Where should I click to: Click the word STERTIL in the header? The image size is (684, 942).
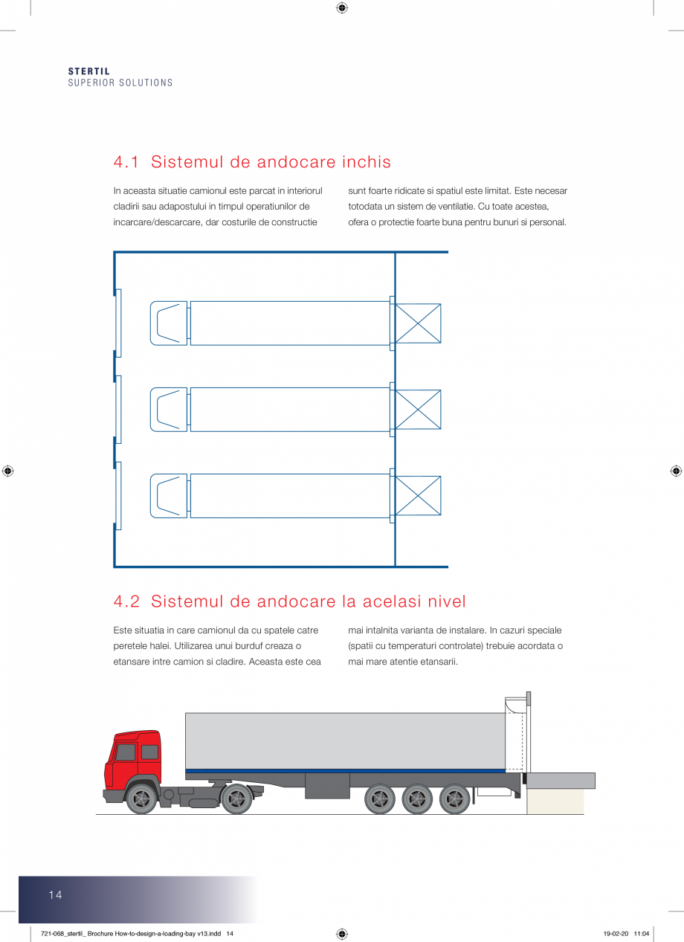coord(88,71)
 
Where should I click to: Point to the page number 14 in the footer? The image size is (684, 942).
coord(56,895)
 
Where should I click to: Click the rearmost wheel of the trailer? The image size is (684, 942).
coord(454,799)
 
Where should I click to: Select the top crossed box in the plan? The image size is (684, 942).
coord(418,323)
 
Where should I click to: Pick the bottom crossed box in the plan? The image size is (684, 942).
coord(418,496)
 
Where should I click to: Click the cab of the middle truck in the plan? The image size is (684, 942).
coord(169,410)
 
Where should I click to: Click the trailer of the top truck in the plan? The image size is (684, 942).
coord(290,323)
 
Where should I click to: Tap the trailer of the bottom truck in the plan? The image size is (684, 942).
coord(290,496)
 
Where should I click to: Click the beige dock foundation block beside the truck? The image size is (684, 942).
coord(555,801)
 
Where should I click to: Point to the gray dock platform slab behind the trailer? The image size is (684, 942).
coord(561,781)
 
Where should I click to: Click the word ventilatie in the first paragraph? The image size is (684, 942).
coord(525,207)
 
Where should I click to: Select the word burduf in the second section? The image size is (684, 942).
coord(251,646)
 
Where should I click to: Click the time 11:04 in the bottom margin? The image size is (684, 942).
coord(642,934)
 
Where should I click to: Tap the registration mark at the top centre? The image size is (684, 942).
coord(342,8)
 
